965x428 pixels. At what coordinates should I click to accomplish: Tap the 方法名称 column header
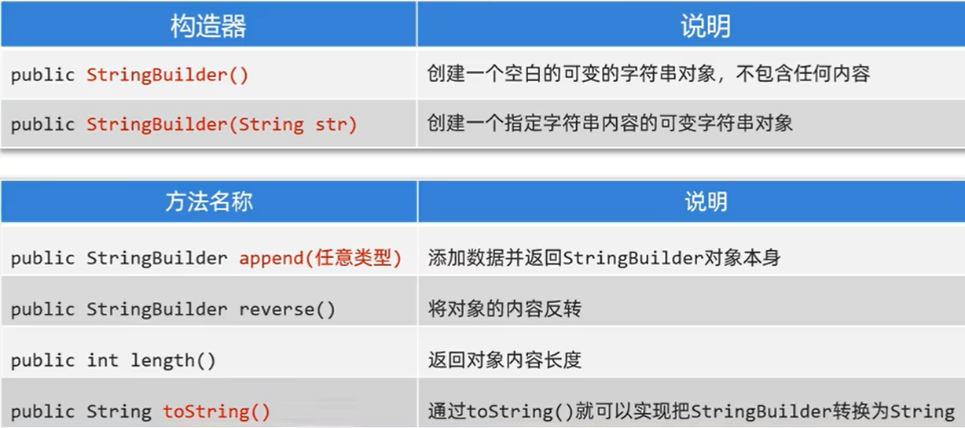pyautogui.click(x=208, y=201)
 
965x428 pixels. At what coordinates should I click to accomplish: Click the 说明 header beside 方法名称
pyautogui.click(x=705, y=201)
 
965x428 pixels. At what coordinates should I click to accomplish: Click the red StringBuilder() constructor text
pyautogui.click(x=167, y=76)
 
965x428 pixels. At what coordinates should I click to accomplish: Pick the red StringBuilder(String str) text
pyautogui.click(x=222, y=124)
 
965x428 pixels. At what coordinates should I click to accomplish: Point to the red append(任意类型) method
pyautogui.click(x=321, y=258)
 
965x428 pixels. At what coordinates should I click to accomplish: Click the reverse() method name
pyautogui.click(x=288, y=309)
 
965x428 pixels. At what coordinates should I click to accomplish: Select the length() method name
pyautogui.click(x=173, y=360)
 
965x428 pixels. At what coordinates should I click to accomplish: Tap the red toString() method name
pyautogui.click(x=217, y=411)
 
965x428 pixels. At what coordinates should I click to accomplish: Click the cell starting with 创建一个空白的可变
pyautogui.click(x=648, y=76)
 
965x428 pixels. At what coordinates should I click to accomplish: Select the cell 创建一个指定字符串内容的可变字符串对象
pyautogui.click(x=610, y=124)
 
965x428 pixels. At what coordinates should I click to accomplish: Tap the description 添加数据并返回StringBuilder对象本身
pyautogui.click(x=604, y=258)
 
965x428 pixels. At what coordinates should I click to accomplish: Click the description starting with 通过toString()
pyautogui.click(x=691, y=411)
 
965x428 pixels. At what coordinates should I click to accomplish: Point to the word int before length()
pyautogui.click(x=103, y=360)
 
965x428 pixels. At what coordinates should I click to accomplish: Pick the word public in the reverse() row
pyautogui.click(x=43, y=309)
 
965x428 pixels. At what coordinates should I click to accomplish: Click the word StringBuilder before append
pyautogui.click(x=157, y=258)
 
